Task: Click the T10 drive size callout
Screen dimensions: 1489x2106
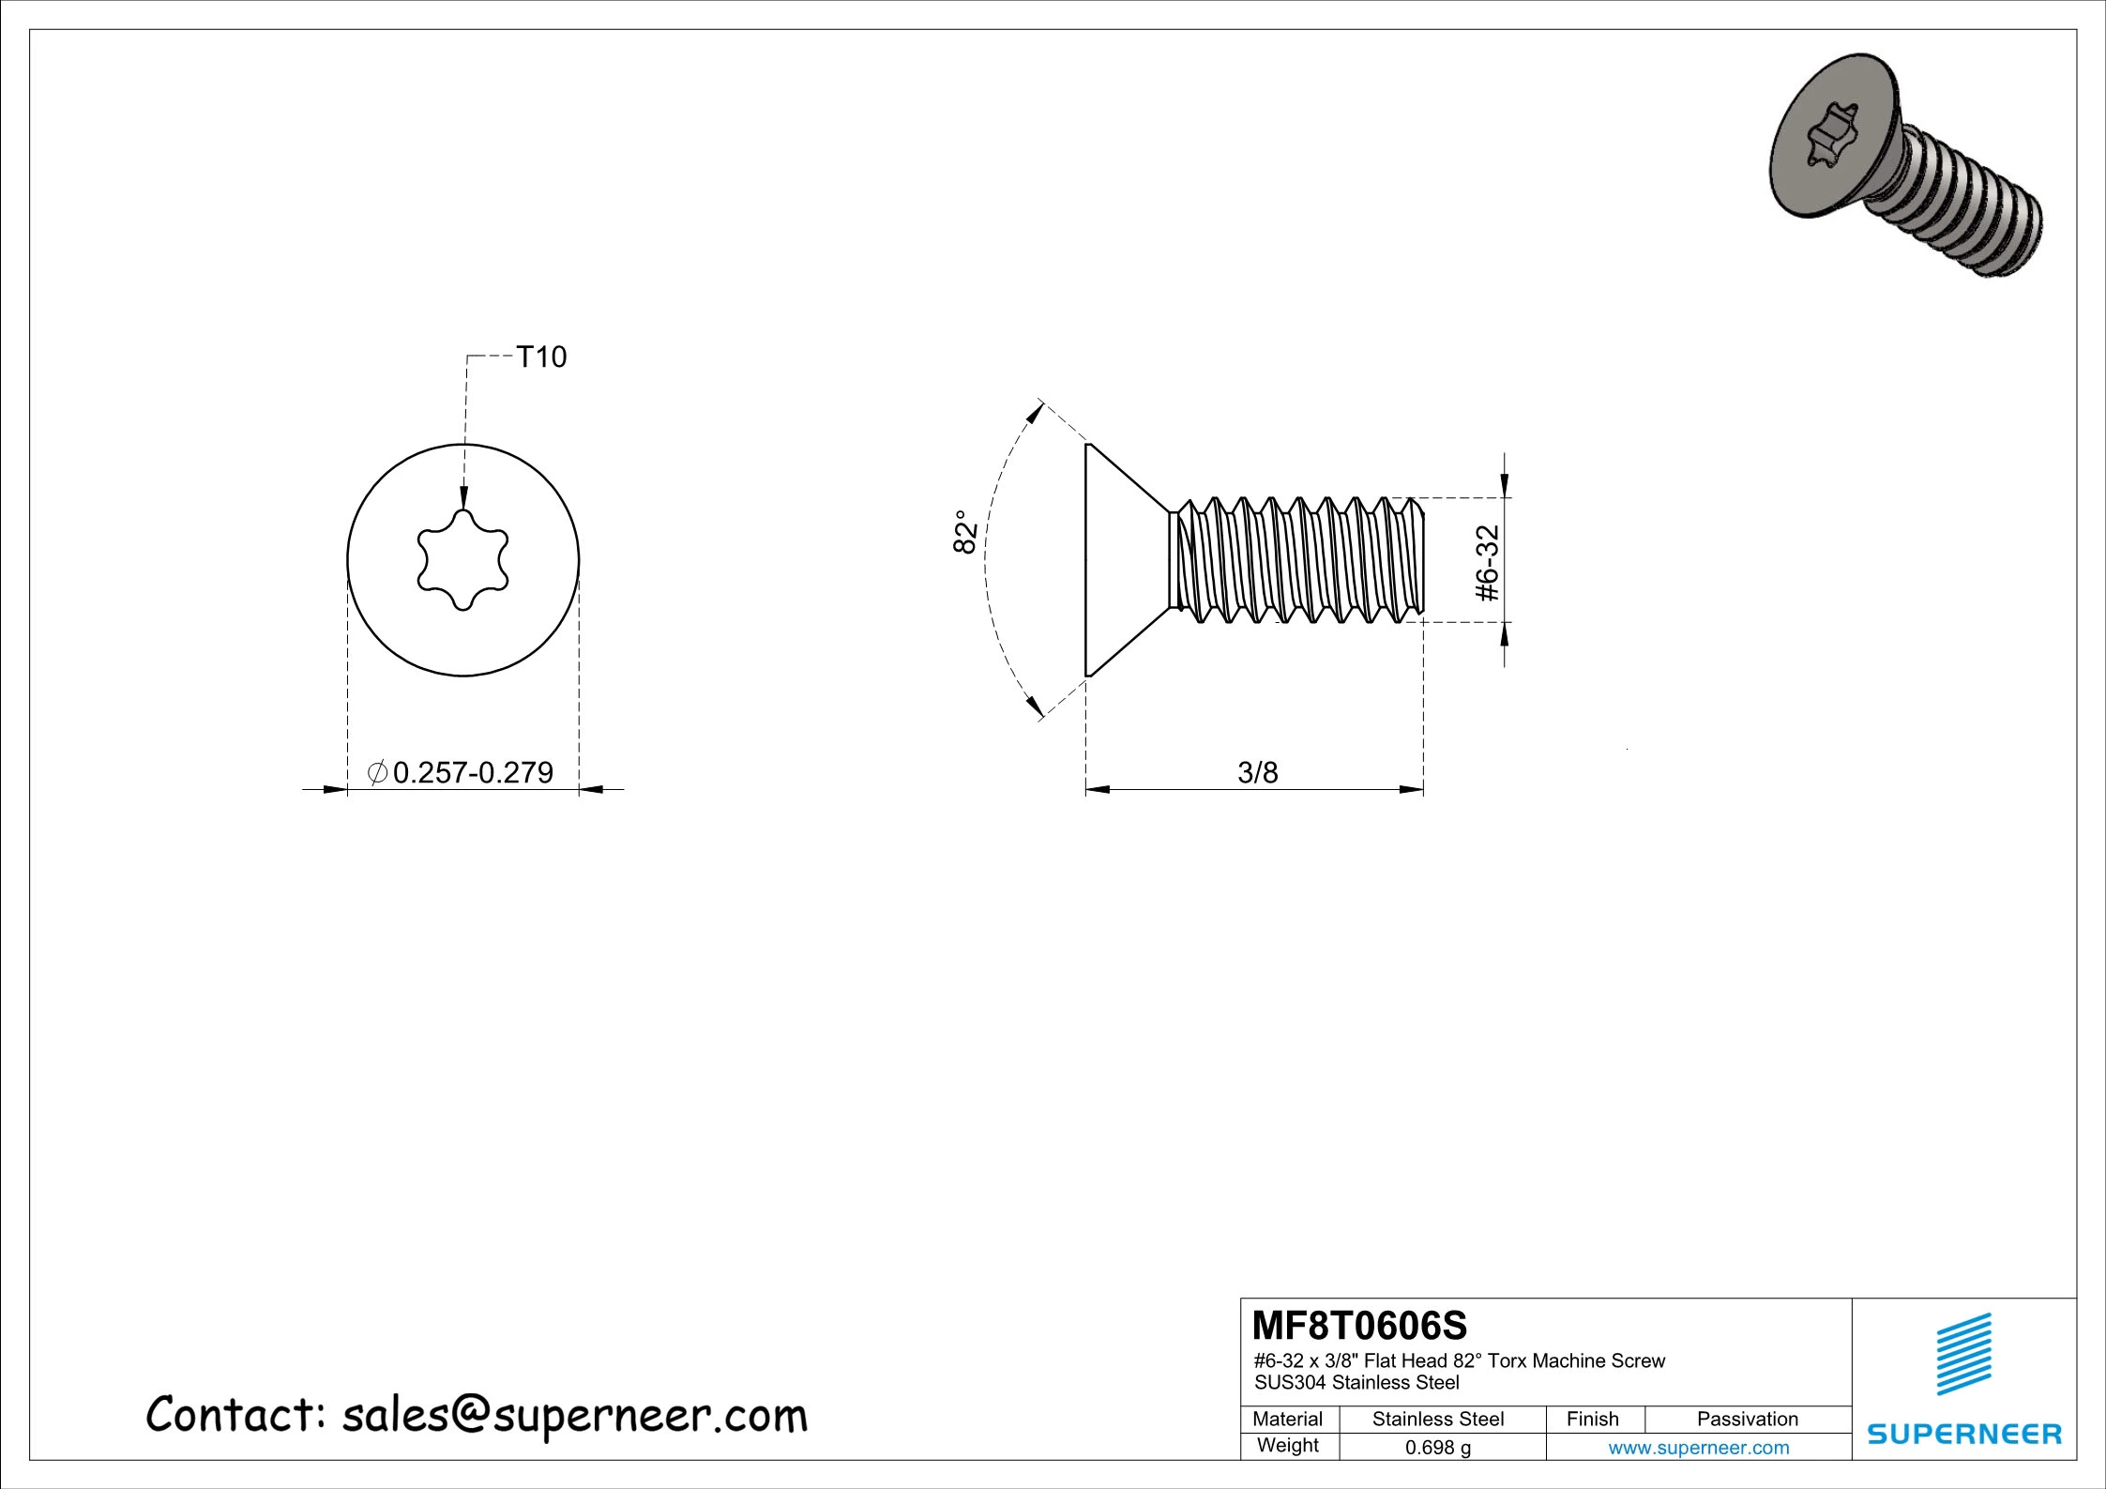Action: tap(542, 357)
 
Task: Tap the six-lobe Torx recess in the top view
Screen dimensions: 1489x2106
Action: tap(462, 560)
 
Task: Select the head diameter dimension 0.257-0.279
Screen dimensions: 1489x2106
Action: tap(473, 772)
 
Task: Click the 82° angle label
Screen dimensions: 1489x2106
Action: tap(965, 532)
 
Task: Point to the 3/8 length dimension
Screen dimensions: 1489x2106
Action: tap(1257, 772)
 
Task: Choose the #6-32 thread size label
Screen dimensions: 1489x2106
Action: tap(1488, 562)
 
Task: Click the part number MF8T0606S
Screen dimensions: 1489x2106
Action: tap(1360, 1327)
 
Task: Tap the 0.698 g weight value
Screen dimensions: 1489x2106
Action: tap(1437, 1447)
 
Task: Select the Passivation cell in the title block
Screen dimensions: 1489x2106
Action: tap(1747, 1420)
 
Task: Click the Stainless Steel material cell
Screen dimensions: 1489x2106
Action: tap(1437, 1420)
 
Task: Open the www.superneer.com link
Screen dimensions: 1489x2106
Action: tap(1698, 1447)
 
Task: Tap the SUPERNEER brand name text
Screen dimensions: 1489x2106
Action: tap(1964, 1434)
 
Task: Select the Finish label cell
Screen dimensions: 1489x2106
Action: tap(1592, 1420)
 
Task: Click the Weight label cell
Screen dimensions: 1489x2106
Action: tap(1287, 1446)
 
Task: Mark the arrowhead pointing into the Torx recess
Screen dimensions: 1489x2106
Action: tap(463, 499)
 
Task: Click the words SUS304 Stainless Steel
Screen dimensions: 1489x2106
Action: tap(1356, 1382)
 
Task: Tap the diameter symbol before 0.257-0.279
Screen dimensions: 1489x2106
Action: tap(377, 772)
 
